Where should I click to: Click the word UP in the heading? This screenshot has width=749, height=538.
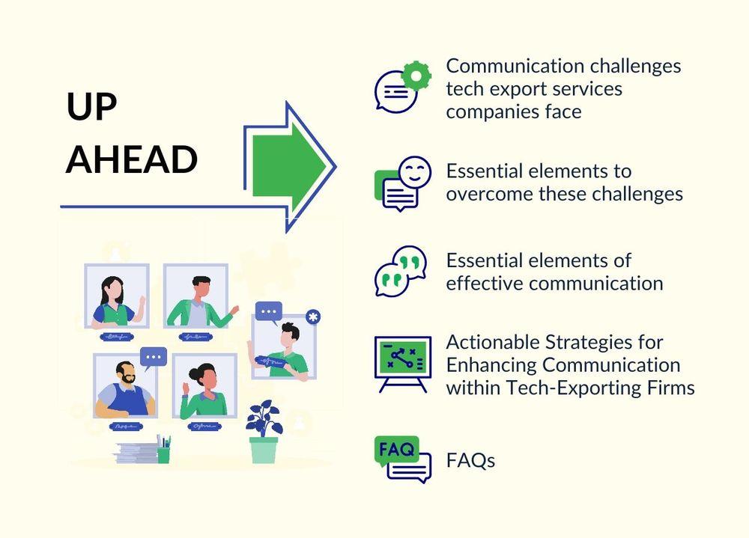click(x=91, y=106)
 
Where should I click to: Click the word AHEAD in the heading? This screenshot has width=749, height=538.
click(x=131, y=159)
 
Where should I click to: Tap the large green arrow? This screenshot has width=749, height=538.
click(x=288, y=166)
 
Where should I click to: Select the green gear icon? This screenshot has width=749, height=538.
click(x=416, y=76)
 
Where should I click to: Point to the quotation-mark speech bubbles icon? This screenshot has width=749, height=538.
click(x=400, y=271)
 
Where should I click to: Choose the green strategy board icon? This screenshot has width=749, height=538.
click(x=403, y=364)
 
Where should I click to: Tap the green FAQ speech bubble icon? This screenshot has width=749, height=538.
click(x=396, y=450)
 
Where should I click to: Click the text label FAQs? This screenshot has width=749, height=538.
click(x=470, y=461)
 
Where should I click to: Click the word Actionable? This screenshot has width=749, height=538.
click(x=493, y=342)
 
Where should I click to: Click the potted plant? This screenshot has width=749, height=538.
click(x=264, y=432)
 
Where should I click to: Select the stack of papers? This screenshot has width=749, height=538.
click(x=136, y=453)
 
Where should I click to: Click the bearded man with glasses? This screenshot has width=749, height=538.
click(x=125, y=388)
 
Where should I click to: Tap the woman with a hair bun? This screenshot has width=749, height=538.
click(x=204, y=391)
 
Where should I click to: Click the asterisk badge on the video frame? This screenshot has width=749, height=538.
click(x=313, y=317)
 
